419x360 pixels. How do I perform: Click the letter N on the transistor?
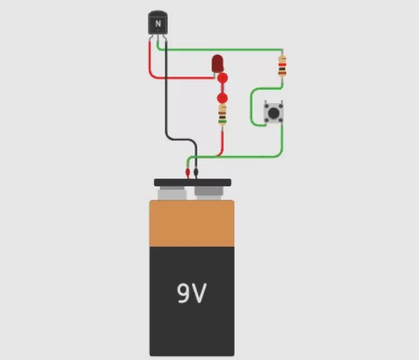point(158,24)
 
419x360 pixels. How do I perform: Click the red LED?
point(218,64)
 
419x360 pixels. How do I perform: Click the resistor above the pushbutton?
point(282,67)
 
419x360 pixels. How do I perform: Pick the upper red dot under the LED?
point(222,79)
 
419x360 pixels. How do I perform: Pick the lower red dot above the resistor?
point(222,98)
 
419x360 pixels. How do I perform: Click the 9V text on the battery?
point(192,293)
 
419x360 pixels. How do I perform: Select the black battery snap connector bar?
point(192,182)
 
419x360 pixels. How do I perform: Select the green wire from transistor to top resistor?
point(224,50)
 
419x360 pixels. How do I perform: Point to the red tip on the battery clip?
point(188,174)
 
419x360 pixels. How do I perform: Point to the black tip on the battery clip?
point(196,174)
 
